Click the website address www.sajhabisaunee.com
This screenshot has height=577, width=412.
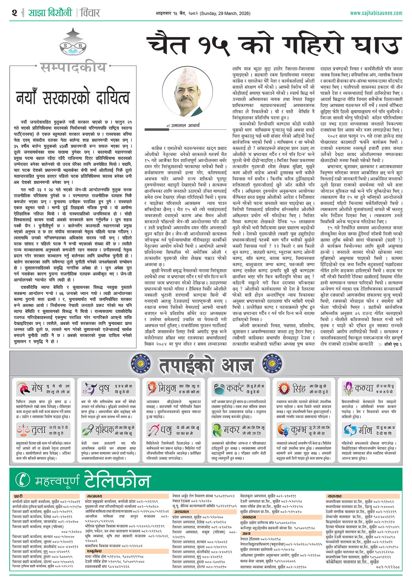376,13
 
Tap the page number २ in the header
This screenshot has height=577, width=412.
14,13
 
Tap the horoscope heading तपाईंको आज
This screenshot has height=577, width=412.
206,365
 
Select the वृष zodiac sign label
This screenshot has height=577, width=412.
104,389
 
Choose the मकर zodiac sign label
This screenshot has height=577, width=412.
232,430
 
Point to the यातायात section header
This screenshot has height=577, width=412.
334,496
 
